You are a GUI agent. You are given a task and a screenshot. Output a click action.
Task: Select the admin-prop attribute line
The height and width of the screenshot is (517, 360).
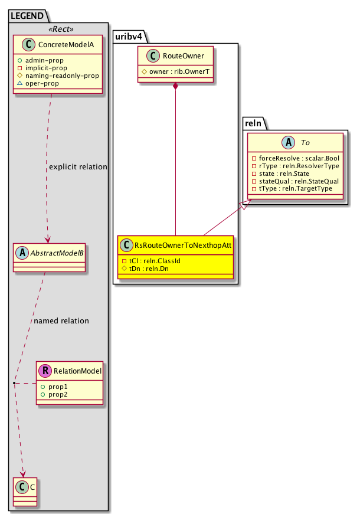point(58,61)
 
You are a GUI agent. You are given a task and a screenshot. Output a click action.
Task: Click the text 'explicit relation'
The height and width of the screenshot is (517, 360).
point(78,167)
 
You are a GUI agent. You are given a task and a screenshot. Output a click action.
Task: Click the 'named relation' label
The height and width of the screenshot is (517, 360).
point(61,321)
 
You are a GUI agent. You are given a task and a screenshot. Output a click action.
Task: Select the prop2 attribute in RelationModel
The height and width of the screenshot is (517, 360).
point(58,394)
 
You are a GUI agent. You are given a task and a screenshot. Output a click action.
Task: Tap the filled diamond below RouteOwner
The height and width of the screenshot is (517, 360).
point(176,87)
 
